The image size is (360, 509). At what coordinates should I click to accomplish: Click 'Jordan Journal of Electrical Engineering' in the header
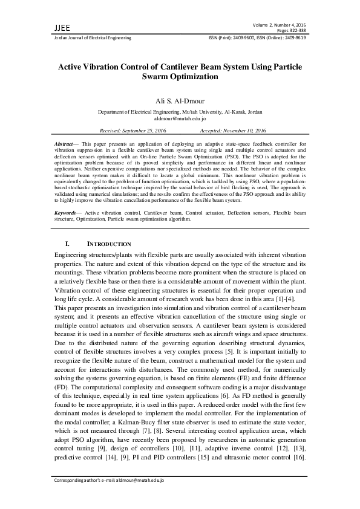pyautogui.click(x=89, y=37)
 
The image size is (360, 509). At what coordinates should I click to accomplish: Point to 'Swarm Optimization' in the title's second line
pyautogui.click(x=179, y=77)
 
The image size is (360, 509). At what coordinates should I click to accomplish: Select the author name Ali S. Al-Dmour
pyautogui.click(x=180, y=101)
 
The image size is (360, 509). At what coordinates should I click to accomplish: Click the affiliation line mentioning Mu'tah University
pyautogui.click(x=180, y=112)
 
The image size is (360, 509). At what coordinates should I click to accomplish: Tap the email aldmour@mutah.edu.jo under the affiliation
pyautogui.click(x=180, y=119)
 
